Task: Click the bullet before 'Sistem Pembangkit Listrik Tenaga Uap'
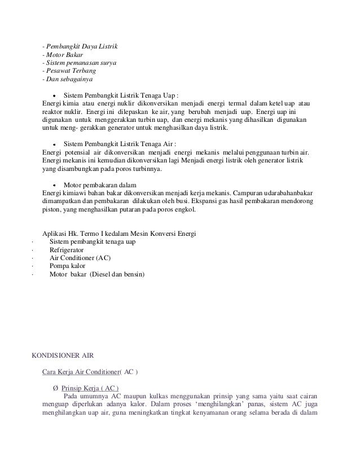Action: click(54, 96)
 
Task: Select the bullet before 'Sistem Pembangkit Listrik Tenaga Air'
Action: click(54, 144)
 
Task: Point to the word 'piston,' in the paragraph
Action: click(52, 210)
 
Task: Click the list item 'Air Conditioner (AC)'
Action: click(80, 258)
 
